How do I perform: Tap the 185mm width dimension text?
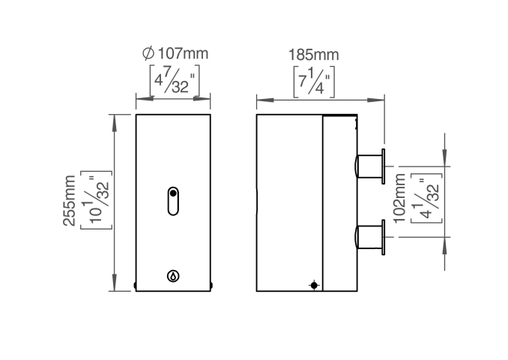coord(314,54)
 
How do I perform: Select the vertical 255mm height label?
coord(70,201)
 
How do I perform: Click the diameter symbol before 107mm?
coord(148,53)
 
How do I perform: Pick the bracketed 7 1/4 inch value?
coord(314,81)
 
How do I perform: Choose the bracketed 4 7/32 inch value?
coord(173,81)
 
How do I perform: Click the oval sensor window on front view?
coord(174,201)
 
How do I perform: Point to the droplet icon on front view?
coord(174,276)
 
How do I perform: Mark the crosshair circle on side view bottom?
coord(313,284)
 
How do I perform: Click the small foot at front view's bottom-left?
coord(135,285)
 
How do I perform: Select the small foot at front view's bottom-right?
coord(213,285)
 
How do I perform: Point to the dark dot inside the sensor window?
coord(174,193)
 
